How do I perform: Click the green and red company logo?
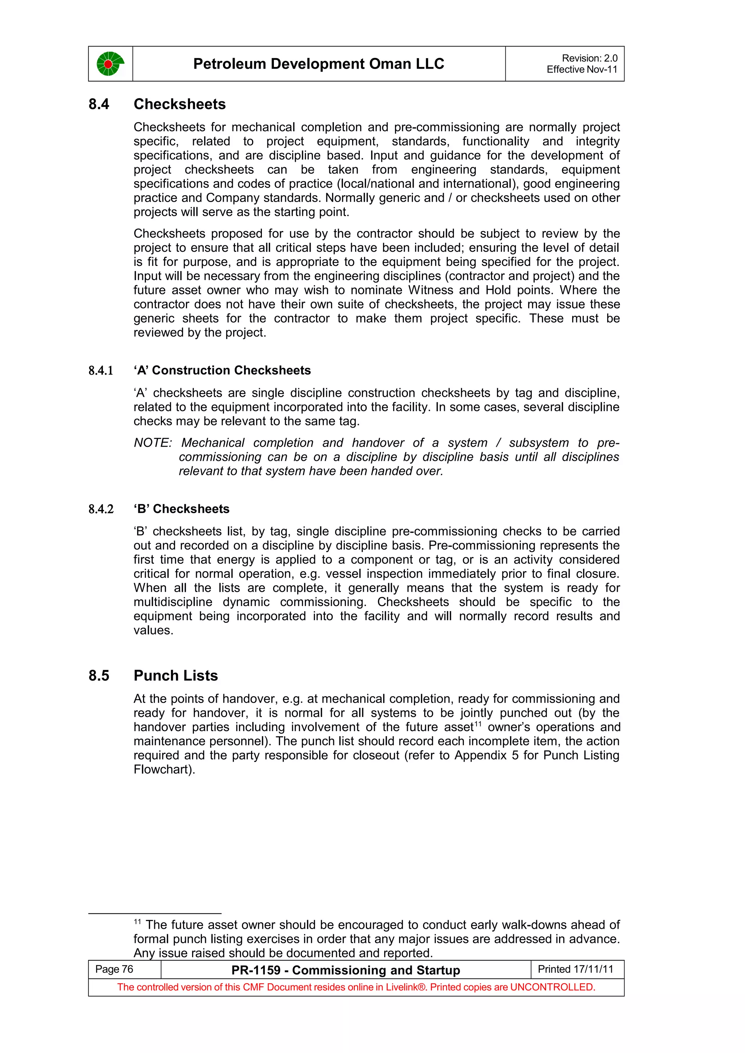110,64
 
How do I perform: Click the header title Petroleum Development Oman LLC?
319,64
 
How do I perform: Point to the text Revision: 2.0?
589,58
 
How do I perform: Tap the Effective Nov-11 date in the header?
582,70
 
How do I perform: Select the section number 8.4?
99,104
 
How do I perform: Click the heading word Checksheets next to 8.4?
179,104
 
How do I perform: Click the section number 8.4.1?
100,371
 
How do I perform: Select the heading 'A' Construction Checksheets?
222,370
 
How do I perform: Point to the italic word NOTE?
152,443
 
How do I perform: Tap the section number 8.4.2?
100,509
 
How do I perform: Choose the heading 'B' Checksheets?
181,509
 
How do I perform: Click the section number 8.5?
99,675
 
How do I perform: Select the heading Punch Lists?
175,675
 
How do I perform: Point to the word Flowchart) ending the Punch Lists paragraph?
164,770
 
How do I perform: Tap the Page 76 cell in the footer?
114,969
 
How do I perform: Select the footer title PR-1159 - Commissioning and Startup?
346,970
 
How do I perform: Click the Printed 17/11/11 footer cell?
575,969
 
